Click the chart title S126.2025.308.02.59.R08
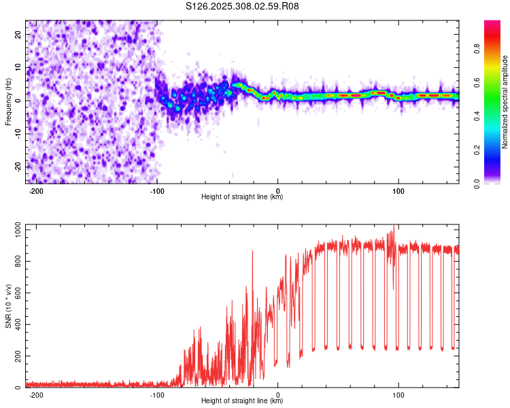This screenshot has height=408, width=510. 242,6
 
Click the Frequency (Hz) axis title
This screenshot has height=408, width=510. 8,102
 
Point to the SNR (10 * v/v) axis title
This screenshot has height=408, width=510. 8,306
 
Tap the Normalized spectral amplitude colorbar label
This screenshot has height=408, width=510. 505,102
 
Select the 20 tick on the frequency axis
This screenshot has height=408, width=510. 18,35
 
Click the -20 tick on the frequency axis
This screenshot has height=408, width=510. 18,167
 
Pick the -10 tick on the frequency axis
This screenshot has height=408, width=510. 18,134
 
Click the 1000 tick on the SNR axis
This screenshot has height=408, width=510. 18,230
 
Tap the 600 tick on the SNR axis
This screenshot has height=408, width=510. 18,293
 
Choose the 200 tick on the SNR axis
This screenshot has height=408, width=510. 18,356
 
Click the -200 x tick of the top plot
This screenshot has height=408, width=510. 36,191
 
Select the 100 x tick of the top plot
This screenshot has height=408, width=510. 398,191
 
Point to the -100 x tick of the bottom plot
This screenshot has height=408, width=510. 157,395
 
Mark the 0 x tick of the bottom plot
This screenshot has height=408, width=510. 277,395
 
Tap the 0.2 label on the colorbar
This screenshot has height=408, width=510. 477,150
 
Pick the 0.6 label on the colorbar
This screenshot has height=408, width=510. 477,83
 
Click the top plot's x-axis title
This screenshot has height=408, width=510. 242,197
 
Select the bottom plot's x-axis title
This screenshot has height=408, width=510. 242,401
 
